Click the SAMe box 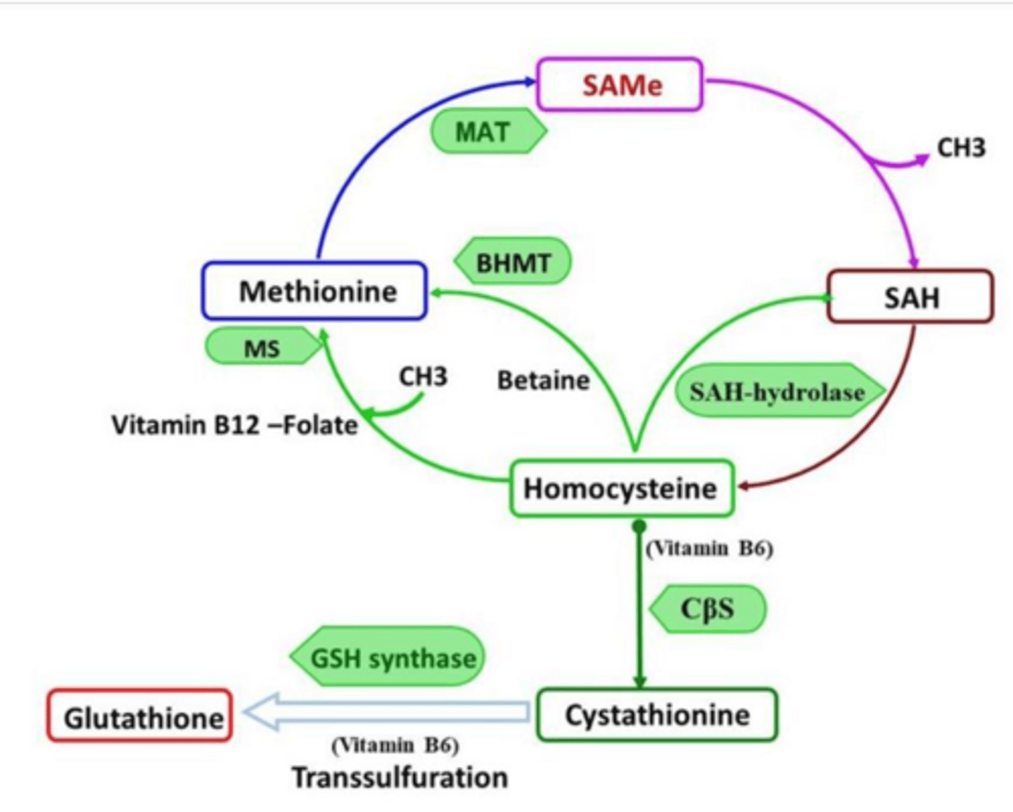pos(620,85)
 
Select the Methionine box pos(314,291)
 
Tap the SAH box pos(910,297)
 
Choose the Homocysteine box pos(620,488)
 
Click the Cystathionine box pos(657,715)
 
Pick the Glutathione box pos(140,717)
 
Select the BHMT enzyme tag pos(514,262)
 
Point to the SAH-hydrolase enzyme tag pos(777,391)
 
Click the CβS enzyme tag pos(707,609)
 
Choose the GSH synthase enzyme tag pos(391,658)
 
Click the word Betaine pos(543,381)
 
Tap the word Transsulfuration pos(400,778)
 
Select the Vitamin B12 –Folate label pos(234,425)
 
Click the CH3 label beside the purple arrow pos(961,148)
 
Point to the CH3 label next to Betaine pos(423,377)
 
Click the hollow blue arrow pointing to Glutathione pos(387,712)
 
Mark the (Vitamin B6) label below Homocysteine pos(709,548)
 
